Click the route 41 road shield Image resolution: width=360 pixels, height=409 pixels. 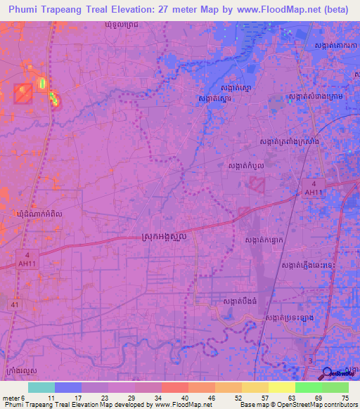click(15, 304)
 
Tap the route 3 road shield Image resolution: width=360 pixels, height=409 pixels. click(311, 361)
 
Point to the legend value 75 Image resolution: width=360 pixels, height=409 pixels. click(345, 398)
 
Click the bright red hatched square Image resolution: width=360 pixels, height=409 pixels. click(22, 93)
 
